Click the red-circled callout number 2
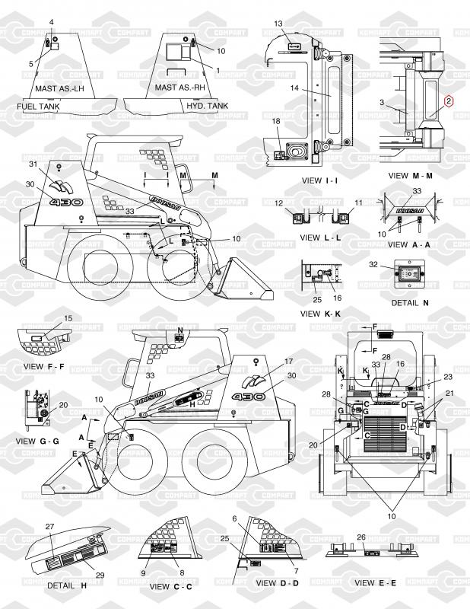tap(449, 100)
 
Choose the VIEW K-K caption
tap(321, 314)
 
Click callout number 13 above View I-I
tap(278, 24)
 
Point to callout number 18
tap(277, 122)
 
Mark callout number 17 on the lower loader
tap(288, 362)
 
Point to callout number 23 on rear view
tap(447, 377)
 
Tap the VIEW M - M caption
tap(410, 175)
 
